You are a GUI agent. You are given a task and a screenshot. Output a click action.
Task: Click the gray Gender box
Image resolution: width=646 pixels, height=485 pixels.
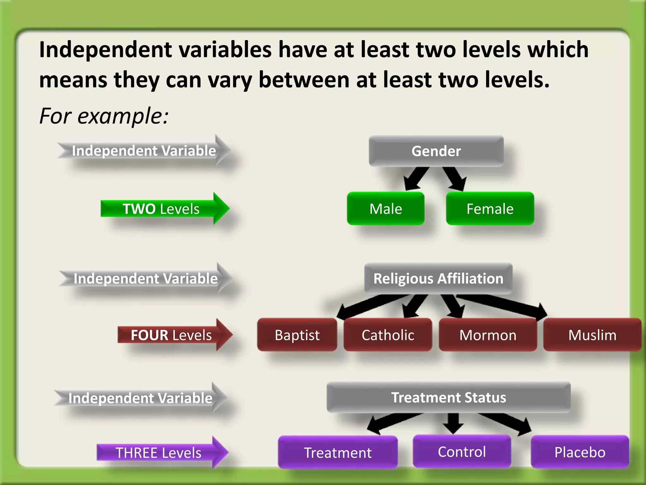(436, 151)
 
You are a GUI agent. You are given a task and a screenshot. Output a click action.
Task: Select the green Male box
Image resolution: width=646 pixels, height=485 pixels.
(385, 209)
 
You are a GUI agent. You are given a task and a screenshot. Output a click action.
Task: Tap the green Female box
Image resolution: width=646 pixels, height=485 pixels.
(490, 209)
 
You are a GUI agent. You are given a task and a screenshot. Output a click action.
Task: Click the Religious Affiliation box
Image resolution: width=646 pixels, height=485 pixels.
(438, 278)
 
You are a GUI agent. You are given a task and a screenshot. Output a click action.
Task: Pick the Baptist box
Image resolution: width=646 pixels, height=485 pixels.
(297, 335)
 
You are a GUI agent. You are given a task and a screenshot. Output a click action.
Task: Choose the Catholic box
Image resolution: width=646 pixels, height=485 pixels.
(388, 335)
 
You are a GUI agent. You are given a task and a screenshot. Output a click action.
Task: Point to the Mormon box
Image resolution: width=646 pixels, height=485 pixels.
(488, 335)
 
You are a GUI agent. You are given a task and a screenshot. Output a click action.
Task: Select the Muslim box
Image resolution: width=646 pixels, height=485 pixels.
(592, 335)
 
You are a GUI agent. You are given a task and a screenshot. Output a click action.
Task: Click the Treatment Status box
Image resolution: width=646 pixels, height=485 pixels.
(449, 397)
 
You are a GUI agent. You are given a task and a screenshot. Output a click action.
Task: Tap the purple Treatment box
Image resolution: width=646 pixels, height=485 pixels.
(338, 452)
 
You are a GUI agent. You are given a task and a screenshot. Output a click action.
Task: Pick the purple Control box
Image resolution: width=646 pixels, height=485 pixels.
(462, 452)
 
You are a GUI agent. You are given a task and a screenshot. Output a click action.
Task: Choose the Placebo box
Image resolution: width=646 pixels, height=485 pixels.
(580, 452)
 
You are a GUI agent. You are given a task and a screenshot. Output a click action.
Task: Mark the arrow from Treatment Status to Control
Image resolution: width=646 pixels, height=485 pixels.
(453, 423)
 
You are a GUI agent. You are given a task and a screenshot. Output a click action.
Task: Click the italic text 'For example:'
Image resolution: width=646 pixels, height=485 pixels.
(104, 116)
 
